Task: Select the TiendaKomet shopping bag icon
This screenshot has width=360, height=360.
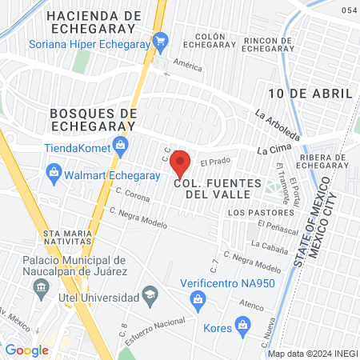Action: click(121, 146)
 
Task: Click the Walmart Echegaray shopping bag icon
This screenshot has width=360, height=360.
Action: click(54, 170)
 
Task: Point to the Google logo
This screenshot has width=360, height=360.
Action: click(26, 350)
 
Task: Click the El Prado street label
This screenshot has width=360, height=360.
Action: click(215, 163)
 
